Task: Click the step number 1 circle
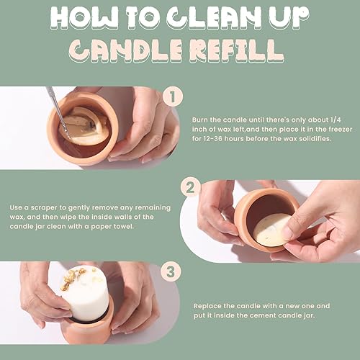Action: [x=173, y=96]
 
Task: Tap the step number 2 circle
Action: [x=191, y=187]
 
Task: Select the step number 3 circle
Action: [x=171, y=272]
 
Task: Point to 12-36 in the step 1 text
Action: [x=213, y=139]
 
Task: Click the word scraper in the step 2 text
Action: [x=44, y=208]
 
